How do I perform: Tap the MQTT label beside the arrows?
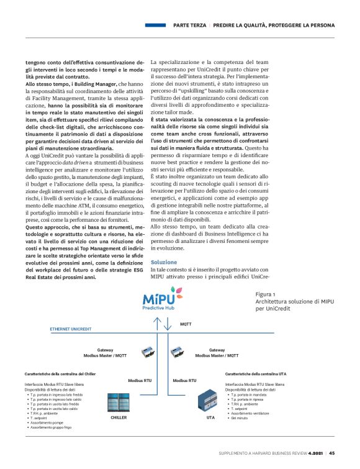186,324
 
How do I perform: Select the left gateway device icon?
149,352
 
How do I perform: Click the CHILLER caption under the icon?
119,418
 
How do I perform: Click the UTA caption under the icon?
210,418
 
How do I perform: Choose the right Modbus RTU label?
184,380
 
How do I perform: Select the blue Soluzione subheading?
164,263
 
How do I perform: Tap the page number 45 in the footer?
332,453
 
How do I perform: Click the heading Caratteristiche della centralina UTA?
255,375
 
